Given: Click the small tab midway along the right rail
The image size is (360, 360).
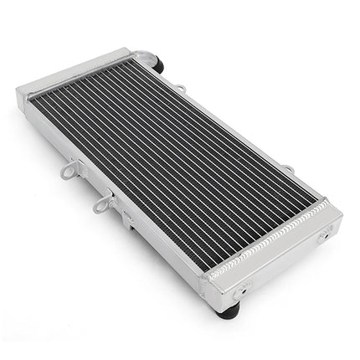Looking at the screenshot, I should point(288,171).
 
